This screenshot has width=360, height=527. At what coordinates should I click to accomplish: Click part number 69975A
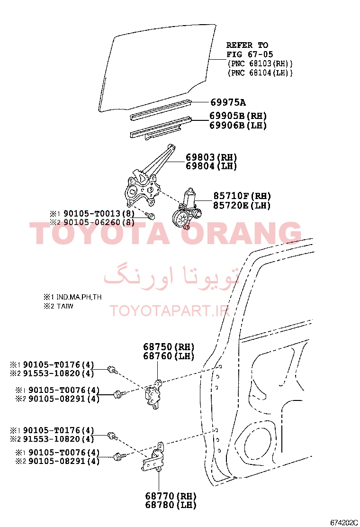(228, 102)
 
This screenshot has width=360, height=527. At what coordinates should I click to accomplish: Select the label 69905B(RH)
(238, 116)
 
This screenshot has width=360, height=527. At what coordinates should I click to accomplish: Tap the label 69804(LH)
(212, 166)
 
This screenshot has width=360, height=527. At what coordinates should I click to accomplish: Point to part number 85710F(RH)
(242, 196)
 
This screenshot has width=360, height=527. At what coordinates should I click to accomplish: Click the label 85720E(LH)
(242, 205)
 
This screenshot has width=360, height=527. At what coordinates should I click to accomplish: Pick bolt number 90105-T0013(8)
(99, 213)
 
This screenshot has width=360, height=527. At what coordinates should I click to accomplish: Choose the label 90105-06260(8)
(99, 222)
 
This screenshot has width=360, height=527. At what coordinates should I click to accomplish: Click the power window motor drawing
(188, 209)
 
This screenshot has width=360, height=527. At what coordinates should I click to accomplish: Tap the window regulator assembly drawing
(148, 180)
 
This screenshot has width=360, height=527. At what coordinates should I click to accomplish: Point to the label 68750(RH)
(169, 347)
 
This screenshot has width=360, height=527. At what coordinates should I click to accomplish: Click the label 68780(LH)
(171, 505)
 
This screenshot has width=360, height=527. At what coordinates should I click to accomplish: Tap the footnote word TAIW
(65, 306)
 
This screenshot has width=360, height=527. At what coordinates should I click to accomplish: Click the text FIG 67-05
(250, 55)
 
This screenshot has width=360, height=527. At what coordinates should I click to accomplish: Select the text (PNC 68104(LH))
(260, 73)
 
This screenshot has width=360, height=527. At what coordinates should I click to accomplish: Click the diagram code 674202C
(344, 523)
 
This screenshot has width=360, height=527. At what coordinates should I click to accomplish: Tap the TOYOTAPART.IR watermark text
(170, 311)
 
